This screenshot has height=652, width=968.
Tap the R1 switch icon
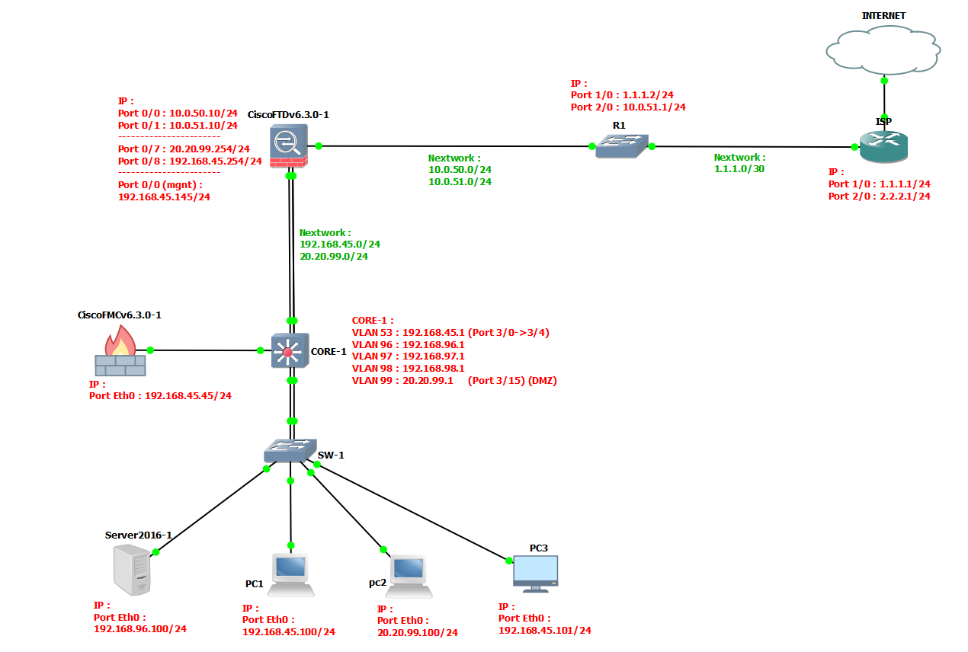click(x=621, y=145)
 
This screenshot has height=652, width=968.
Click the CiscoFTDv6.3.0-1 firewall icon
click(x=289, y=147)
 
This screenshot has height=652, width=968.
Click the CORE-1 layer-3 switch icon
click(x=290, y=351)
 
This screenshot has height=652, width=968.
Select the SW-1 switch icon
click(x=290, y=451)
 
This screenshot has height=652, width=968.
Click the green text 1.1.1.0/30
click(x=739, y=169)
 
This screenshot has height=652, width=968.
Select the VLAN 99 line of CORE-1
click(x=454, y=381)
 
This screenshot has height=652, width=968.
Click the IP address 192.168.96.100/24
click(x=139, y=629)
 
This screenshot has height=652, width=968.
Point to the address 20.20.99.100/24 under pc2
click(x=417, y=633)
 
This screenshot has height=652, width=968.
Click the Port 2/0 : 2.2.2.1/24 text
click(x=879, y=196)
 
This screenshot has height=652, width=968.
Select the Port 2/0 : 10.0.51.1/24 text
click(x=628, y=107)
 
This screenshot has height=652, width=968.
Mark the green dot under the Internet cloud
click(x=884, y=80)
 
